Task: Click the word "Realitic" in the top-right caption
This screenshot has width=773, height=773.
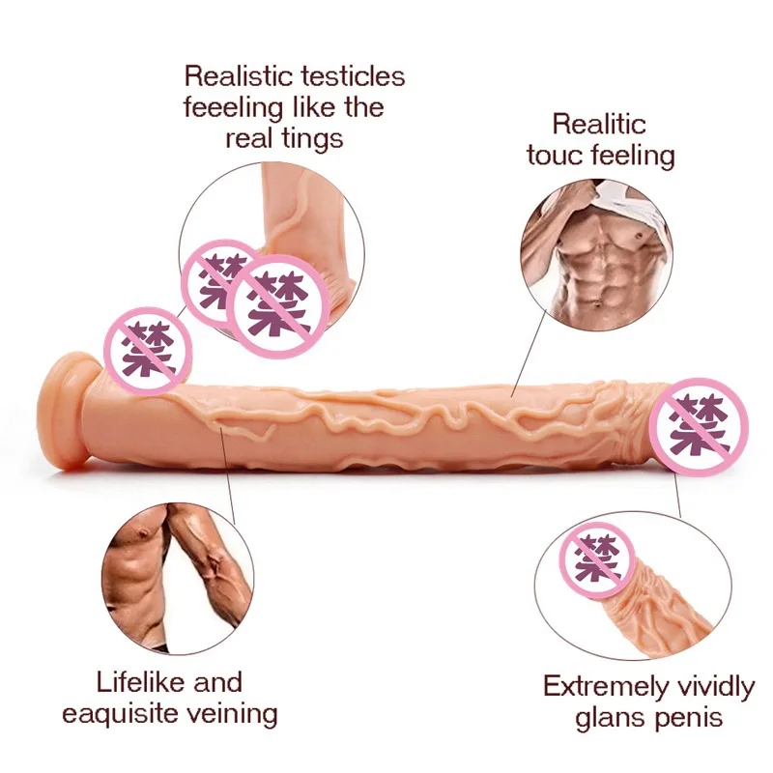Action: pyautogui.click(x=599, y=124)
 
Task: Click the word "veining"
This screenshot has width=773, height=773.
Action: pyautogui.click(x=238, y=714)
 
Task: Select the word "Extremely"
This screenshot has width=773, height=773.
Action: pyautogui.click(x=603, y=687)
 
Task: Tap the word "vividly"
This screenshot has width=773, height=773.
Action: pyautogui.click(x=714, y=687)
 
